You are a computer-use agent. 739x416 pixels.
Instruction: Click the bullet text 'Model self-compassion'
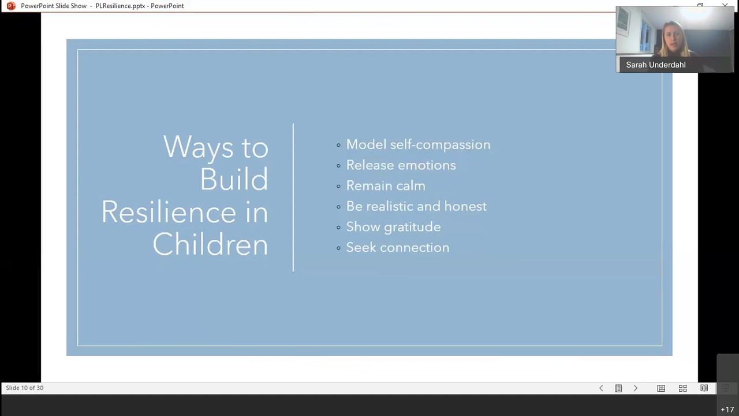(x=418, y=144)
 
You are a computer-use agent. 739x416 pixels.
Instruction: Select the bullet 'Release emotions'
(x=401, y=165)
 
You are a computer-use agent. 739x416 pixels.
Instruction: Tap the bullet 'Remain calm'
(x=386, y=185)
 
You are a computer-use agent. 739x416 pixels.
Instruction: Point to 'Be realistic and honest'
(x=416, y=206)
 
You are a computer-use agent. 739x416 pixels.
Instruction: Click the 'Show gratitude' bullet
(x=393, y=227)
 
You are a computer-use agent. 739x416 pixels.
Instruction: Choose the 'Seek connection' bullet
(x=397, y=247)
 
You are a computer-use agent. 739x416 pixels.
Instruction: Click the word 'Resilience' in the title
(x=169, y=212)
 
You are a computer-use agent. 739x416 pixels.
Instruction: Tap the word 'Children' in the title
(x=210, y=244)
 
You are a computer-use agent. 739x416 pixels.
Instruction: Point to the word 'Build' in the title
(x=234, y=179)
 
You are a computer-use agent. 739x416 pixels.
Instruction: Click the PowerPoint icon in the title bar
(x=11, y=6)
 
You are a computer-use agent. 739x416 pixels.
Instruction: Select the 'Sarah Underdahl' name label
(x=655, y=65)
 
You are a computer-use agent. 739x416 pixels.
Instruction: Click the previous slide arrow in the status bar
(x=601, y=388)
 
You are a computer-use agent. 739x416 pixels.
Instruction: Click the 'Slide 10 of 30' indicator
(x=25, y=388)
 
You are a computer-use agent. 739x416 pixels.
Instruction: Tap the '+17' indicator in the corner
(x=727, y=410)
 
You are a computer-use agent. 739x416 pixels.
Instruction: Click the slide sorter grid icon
(x=682, y=388)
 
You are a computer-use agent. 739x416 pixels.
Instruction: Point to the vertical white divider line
(x=293, y=197)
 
